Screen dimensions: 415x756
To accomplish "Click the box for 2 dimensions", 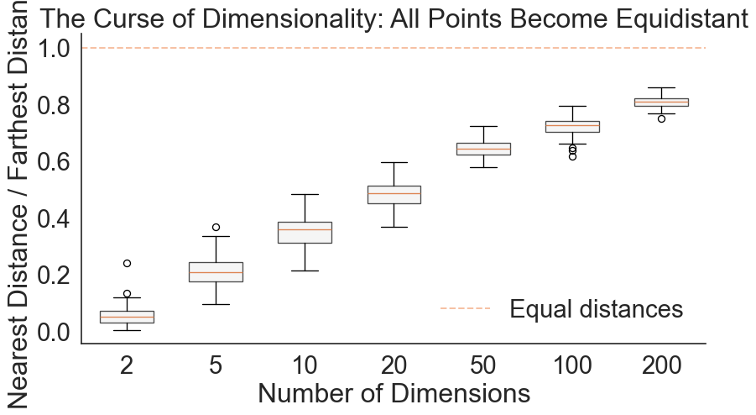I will click(x=128, y=317).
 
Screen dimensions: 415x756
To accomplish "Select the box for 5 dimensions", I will click(x=216, y=271).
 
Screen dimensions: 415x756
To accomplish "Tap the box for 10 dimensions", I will click(x=305, y=232).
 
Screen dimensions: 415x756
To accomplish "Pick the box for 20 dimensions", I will click(x=394, y=194).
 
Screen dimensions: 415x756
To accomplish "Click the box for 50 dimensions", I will click(x=483, y=149).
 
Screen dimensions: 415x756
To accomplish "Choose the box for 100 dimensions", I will click(x=572, y=126).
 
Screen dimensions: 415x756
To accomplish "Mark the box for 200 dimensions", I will click(x=661, y=102).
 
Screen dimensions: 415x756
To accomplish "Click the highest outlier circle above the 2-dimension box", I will click(x=128, y=263).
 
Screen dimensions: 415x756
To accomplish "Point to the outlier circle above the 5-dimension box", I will click(x=216, y=227).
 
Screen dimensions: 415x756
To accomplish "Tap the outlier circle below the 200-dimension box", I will click(x=661, y=118).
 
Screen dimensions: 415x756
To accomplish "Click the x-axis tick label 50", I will click(x=483, y=366).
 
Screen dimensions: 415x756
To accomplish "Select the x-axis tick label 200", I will click(x=661, y=366).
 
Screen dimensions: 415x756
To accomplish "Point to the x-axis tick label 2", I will click(x=128, y=366).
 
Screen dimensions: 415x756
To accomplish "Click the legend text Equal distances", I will click(x=597, y=309).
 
